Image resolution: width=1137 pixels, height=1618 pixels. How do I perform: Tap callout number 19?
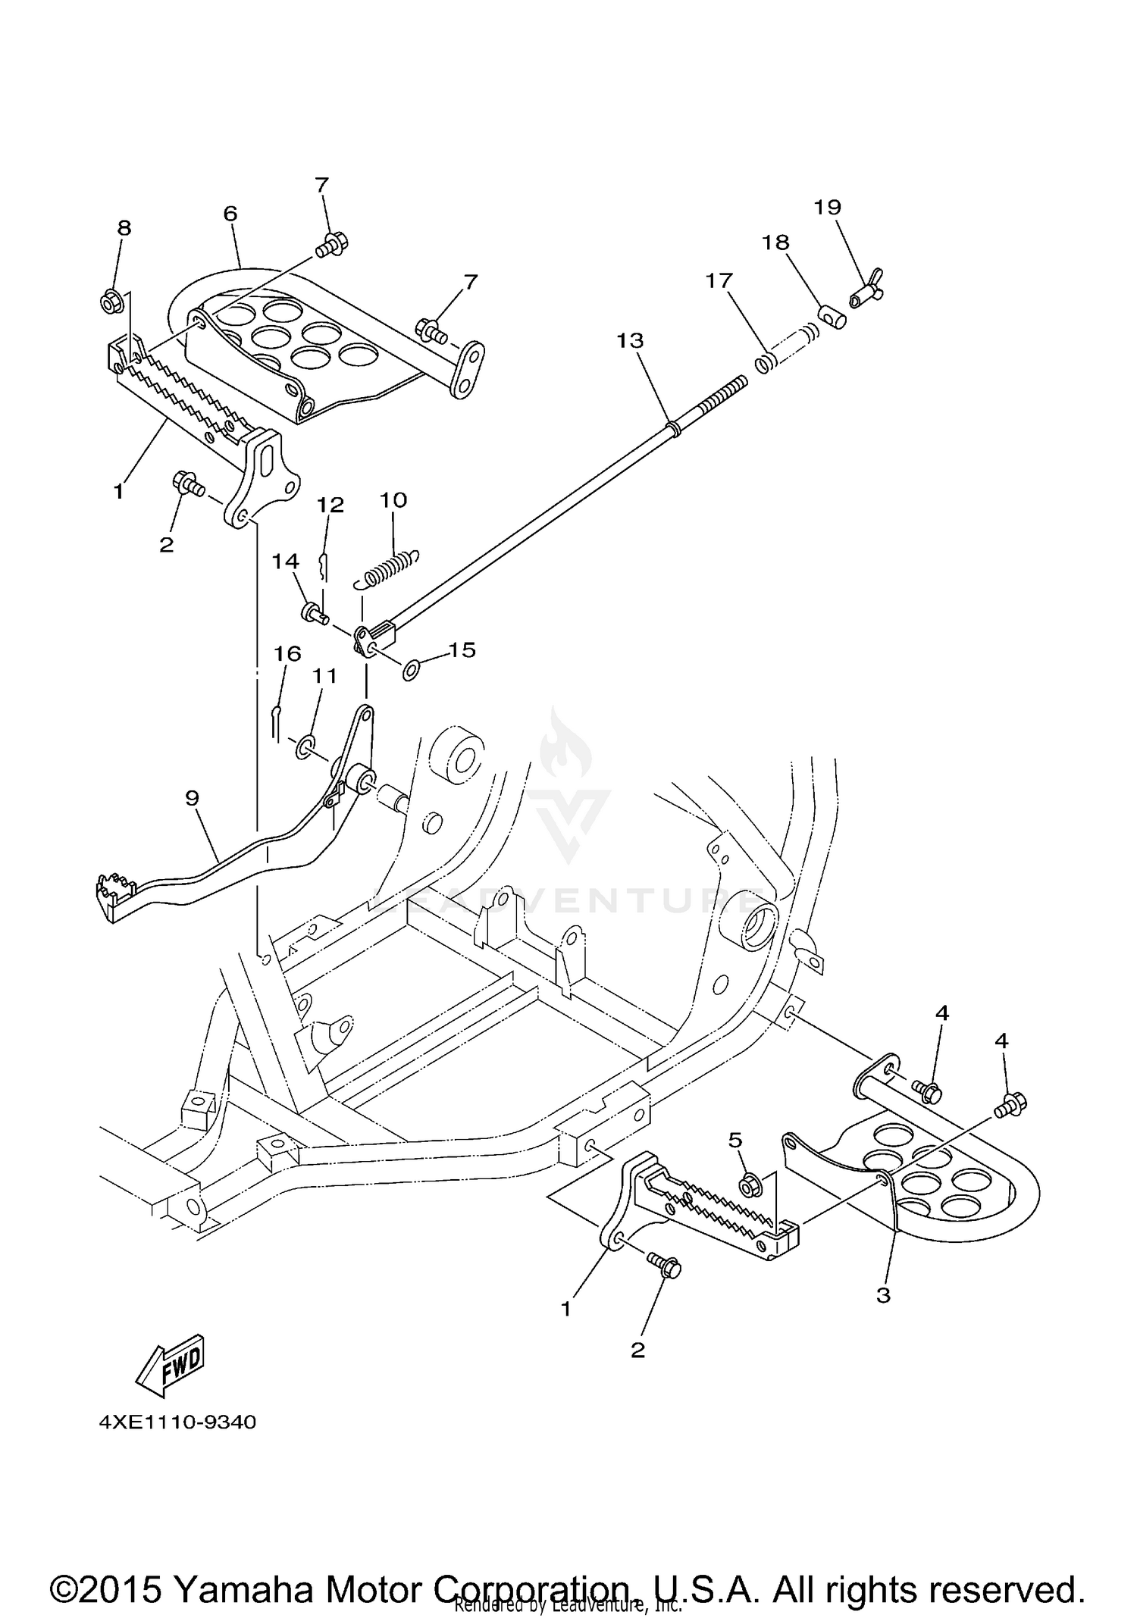[828, 207]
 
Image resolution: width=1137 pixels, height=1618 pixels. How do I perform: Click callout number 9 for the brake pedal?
[192, 797]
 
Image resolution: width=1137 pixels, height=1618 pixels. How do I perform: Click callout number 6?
[230, 213]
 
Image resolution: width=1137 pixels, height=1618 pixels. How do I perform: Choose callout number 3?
[883, 1295]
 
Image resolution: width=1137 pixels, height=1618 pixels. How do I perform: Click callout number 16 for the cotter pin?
[287, 653]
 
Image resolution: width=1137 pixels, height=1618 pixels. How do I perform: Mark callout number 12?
[330, 505]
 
